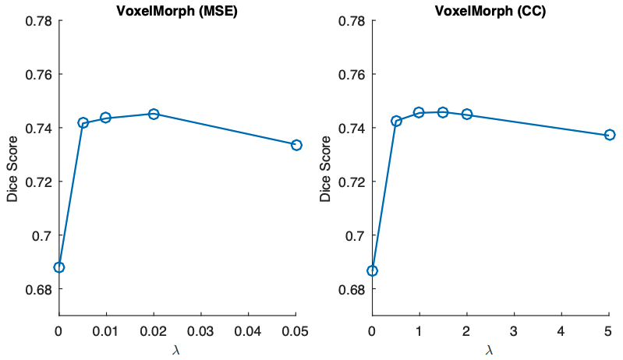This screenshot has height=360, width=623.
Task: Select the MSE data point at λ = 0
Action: coord(58,267)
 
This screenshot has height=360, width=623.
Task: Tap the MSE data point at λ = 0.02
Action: coord(154,114)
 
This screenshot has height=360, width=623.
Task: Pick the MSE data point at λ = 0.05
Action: coord(296,145)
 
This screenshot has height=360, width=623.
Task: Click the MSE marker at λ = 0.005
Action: coord(83,122)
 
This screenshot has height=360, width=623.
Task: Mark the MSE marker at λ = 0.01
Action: coord(106,118)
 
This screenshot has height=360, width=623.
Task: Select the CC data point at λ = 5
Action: coord(610,135)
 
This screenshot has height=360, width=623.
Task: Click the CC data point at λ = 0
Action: coord(372,270)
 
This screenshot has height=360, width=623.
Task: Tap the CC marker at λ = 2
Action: coord(467,114)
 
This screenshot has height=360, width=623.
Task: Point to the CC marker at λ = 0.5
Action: coord(396,121)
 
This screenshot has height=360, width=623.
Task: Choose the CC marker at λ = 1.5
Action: coord(443,112)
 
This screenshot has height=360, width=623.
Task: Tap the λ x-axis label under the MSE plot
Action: coord(177,351)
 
